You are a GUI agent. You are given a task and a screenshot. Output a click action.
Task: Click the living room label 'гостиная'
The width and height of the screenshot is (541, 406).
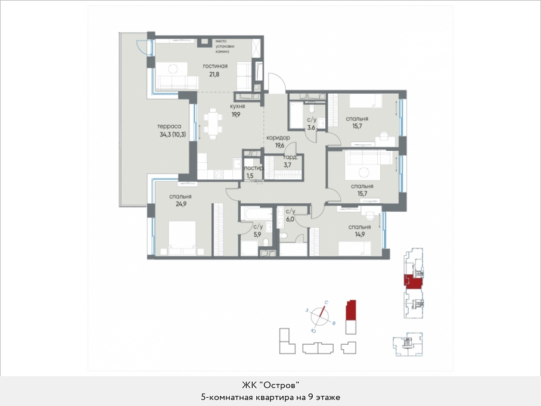(215, 66)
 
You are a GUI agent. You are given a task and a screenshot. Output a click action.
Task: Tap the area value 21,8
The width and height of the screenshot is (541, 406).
(214, 75)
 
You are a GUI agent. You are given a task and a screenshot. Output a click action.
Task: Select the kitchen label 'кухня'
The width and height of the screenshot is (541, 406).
(238, 106)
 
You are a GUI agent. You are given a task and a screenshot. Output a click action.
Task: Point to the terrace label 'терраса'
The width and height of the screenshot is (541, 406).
(169, 126)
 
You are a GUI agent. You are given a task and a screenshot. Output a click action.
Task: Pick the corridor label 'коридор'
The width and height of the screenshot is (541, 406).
(278, 137)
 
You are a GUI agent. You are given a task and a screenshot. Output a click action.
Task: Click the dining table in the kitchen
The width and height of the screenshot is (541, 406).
(213, 123)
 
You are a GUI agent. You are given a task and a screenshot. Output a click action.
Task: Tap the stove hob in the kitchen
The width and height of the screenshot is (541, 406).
(219, 175)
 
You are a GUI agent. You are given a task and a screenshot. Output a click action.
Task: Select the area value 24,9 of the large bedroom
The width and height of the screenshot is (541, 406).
(181, 204)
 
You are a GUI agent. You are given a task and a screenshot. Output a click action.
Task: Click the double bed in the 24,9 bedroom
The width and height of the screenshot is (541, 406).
(182, 238)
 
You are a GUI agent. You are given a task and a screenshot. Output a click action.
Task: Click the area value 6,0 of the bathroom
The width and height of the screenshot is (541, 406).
(290, 219)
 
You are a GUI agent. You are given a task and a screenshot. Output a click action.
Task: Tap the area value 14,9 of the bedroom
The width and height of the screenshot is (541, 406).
(359, 234)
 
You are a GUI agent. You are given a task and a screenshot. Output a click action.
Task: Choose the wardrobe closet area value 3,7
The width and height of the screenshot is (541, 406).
(287, 165)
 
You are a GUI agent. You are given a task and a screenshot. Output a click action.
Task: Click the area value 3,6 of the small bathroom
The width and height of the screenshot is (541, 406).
(311, 128)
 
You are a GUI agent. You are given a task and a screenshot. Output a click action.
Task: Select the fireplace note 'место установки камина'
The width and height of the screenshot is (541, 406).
(225, 47)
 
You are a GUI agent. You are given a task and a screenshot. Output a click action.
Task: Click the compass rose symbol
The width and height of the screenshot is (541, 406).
(320, 317)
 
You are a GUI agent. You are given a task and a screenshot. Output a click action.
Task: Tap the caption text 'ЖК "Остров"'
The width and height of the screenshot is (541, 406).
(270, 385)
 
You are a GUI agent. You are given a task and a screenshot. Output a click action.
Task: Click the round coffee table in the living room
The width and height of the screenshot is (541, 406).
(173, 69)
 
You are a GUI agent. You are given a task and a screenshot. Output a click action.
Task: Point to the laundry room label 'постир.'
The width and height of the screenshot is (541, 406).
(254, 168)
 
